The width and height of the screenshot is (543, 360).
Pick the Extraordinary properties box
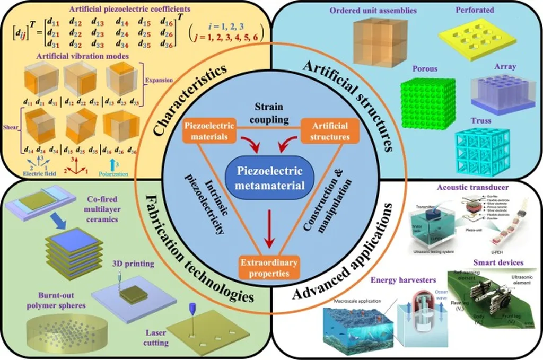pos(267,268)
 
